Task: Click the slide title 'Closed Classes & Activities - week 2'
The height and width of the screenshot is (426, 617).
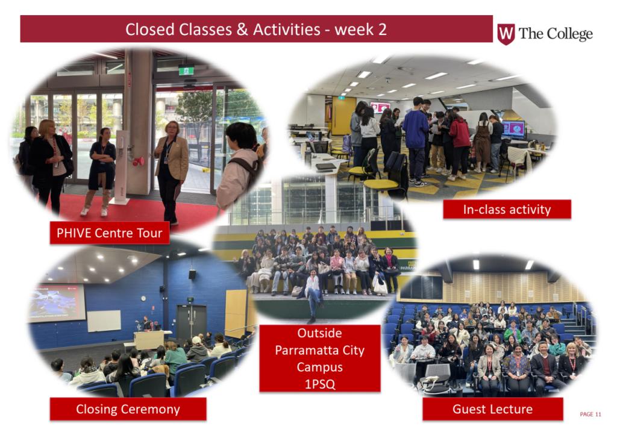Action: [255, 30]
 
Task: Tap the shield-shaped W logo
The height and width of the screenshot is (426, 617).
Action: [506, 34]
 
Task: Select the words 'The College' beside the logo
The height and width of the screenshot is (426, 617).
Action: [556, 34]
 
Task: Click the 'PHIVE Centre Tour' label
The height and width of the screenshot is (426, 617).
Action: [110, 233]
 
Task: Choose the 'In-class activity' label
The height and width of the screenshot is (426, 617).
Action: [507, 209]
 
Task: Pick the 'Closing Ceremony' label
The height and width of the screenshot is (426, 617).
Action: [128, 409]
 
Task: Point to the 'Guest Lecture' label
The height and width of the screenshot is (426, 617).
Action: [493, 409]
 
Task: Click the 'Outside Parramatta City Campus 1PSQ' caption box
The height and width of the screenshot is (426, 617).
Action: [320, 359]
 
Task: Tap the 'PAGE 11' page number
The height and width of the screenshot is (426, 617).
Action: [590, 414]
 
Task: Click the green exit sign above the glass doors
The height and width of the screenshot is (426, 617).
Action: [186, 70]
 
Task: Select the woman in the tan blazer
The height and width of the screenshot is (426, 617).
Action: [171, 171]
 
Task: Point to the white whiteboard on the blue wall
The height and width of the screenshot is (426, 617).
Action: [104, 321]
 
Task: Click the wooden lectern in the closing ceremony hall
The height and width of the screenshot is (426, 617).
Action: [149, 340]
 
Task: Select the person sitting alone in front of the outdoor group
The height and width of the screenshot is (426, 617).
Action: [313, 293]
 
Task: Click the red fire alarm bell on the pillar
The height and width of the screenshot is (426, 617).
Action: [138, 161]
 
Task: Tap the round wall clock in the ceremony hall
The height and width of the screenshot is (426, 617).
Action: [143, 298]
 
